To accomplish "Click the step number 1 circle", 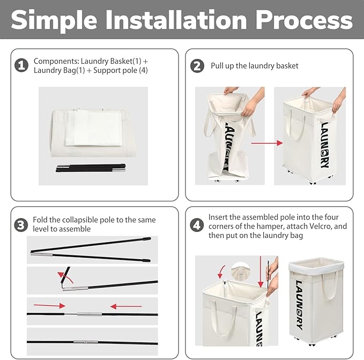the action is (21, 65).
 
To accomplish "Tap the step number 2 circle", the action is (197, 66).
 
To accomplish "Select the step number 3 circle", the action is (21, 225).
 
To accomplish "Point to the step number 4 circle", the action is (197, 225).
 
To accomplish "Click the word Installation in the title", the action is (176, 20).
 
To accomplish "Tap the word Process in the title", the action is (304, 20).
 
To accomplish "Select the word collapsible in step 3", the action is (81, 220).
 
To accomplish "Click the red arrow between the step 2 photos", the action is (267, 143).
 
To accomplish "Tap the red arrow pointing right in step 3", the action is (49, 305).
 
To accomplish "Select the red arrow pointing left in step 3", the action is (126, 306).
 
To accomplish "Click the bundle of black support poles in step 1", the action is (91, 168).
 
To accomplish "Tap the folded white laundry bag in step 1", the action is (93, 128).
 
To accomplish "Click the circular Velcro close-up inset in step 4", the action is (241, 271).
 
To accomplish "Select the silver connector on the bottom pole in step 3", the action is (86, 342).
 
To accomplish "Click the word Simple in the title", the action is (54, 21).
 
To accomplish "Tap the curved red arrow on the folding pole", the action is (65, 277).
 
